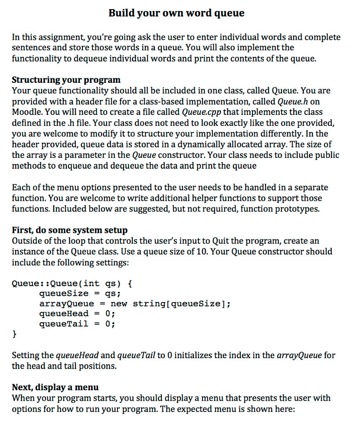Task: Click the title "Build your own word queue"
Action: tap(177, 13)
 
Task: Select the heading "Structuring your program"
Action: tap(66, 80)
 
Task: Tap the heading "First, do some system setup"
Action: tap(69, 230)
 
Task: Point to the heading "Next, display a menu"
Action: tap(55, 387)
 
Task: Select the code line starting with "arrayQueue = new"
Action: tap(134, 304)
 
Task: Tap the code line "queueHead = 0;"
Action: tap(77, 313)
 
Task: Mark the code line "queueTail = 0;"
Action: tap(77, 323)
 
